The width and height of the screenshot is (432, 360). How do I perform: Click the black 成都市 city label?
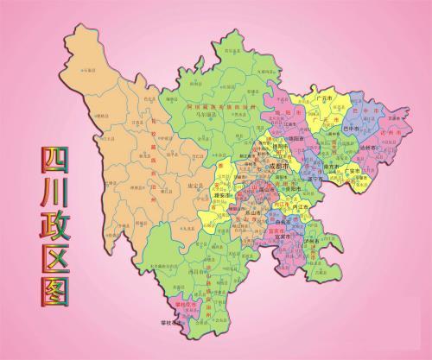(x=279, y=165)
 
